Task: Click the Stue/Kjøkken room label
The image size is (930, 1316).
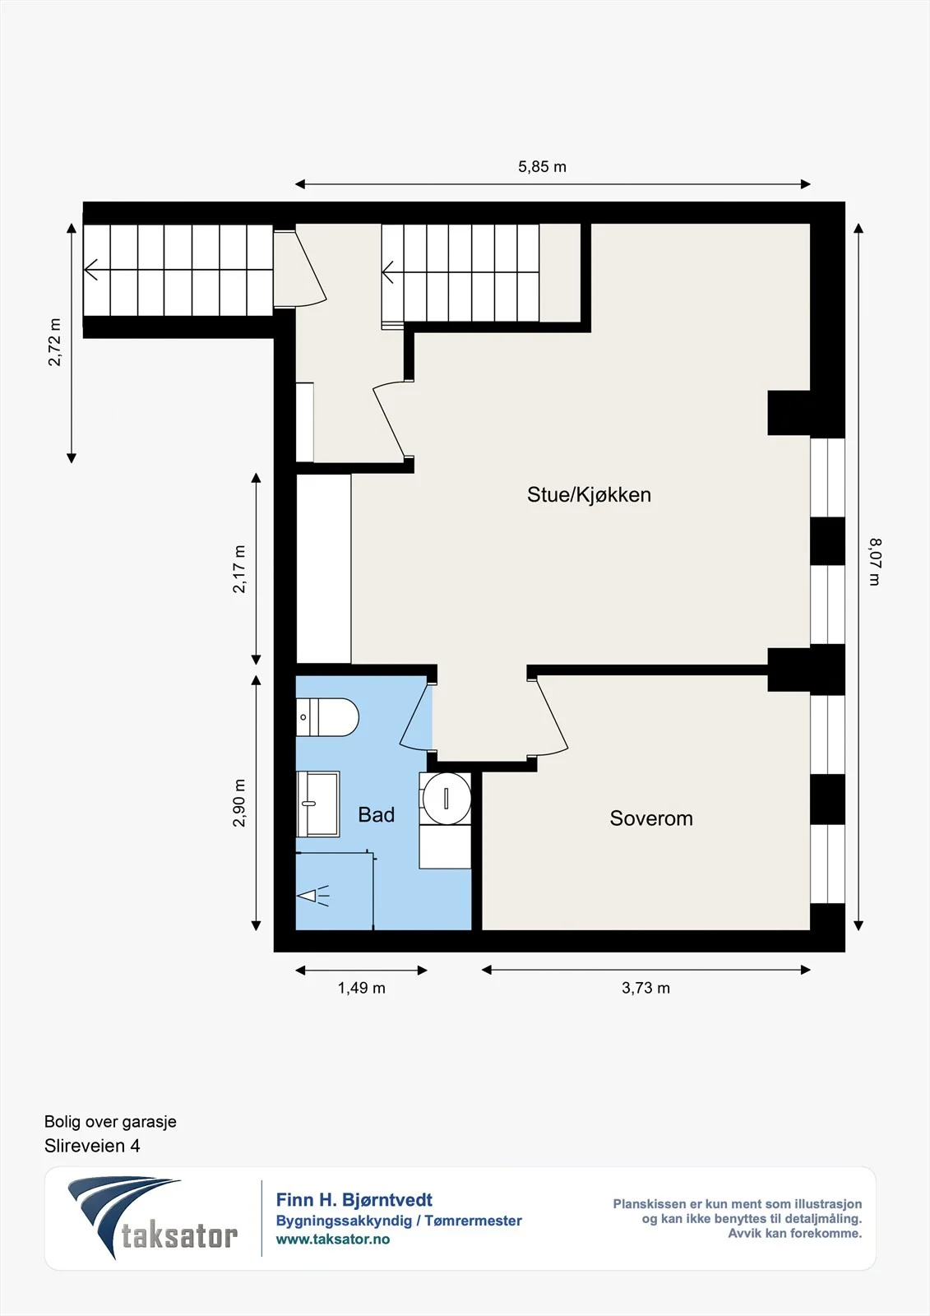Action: click(589, 494)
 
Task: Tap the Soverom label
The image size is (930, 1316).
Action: click(651, 818)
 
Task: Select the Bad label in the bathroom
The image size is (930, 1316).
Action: click(376, 815)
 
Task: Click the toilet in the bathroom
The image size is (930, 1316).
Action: click(327, 716)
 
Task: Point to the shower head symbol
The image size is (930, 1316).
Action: click(314, 896)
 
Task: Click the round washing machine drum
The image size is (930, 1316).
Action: click(446, 799)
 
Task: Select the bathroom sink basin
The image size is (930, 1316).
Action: click(318, 803)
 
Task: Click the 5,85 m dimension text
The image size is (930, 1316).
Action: click(542, 167)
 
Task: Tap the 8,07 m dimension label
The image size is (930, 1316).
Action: click(875, 562)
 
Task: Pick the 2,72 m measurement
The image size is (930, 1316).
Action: click(54, 342)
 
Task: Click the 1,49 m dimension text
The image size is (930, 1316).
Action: click(361, 988)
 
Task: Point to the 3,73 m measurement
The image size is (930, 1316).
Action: click(645, 988)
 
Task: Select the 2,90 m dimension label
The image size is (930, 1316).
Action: click(239, 803)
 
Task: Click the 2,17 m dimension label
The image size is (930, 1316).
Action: click(239, 568)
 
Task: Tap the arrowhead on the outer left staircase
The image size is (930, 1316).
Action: click(90, 271)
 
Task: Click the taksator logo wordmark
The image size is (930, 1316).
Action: click(179, 1236)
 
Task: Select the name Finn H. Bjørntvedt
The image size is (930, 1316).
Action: click(354, 1200)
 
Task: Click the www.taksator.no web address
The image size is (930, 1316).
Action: click(333, 1239)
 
